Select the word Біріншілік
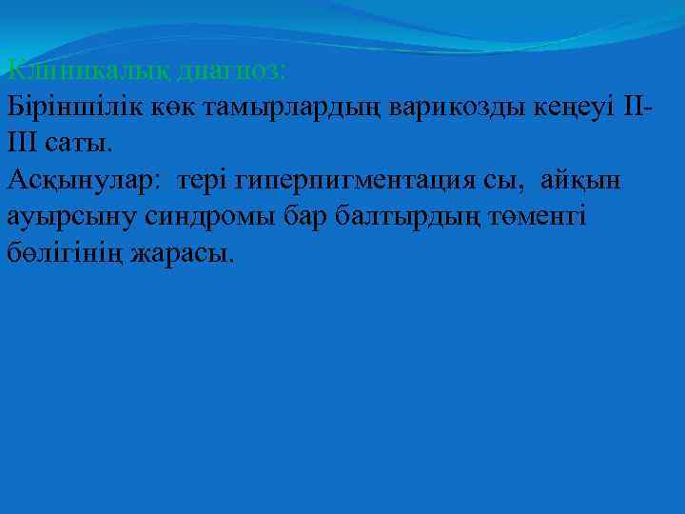tap(74, 107)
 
